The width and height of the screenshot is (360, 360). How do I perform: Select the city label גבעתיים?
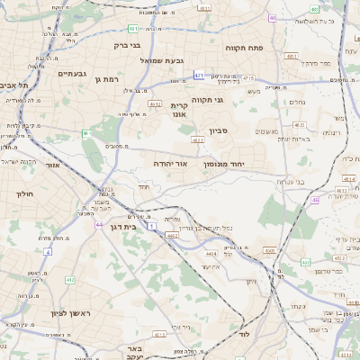click(71, 74)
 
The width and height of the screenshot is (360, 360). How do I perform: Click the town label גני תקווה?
click(206, 101)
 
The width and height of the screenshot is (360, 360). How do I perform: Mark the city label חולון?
click(24, 193)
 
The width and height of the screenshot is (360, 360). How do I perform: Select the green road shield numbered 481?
click(132, 28)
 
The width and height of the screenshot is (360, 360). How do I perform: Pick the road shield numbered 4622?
click(197, 139)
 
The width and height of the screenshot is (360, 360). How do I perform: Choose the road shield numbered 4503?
click(268, 251)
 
